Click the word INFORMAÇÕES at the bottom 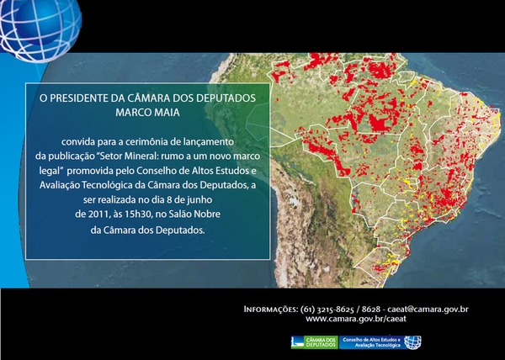click(269, 310)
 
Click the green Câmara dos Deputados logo click(313, 341)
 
